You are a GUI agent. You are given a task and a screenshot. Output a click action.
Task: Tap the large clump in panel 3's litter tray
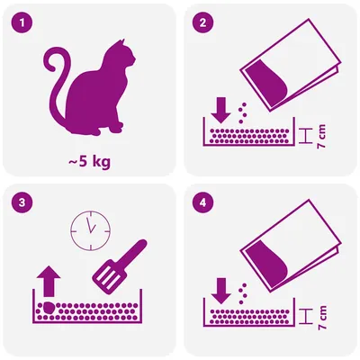pos(48,309)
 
